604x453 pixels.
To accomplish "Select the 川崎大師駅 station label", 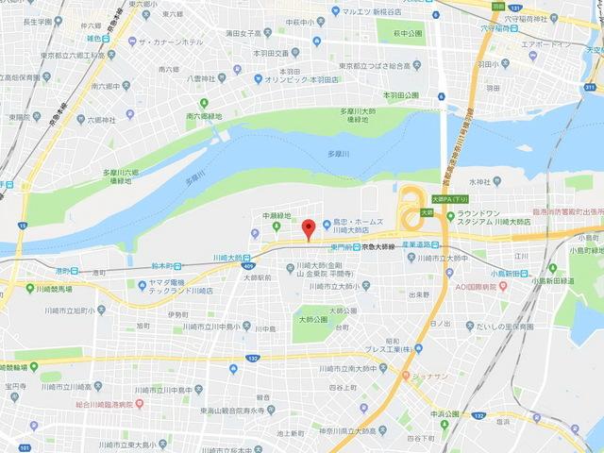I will [232, 257].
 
